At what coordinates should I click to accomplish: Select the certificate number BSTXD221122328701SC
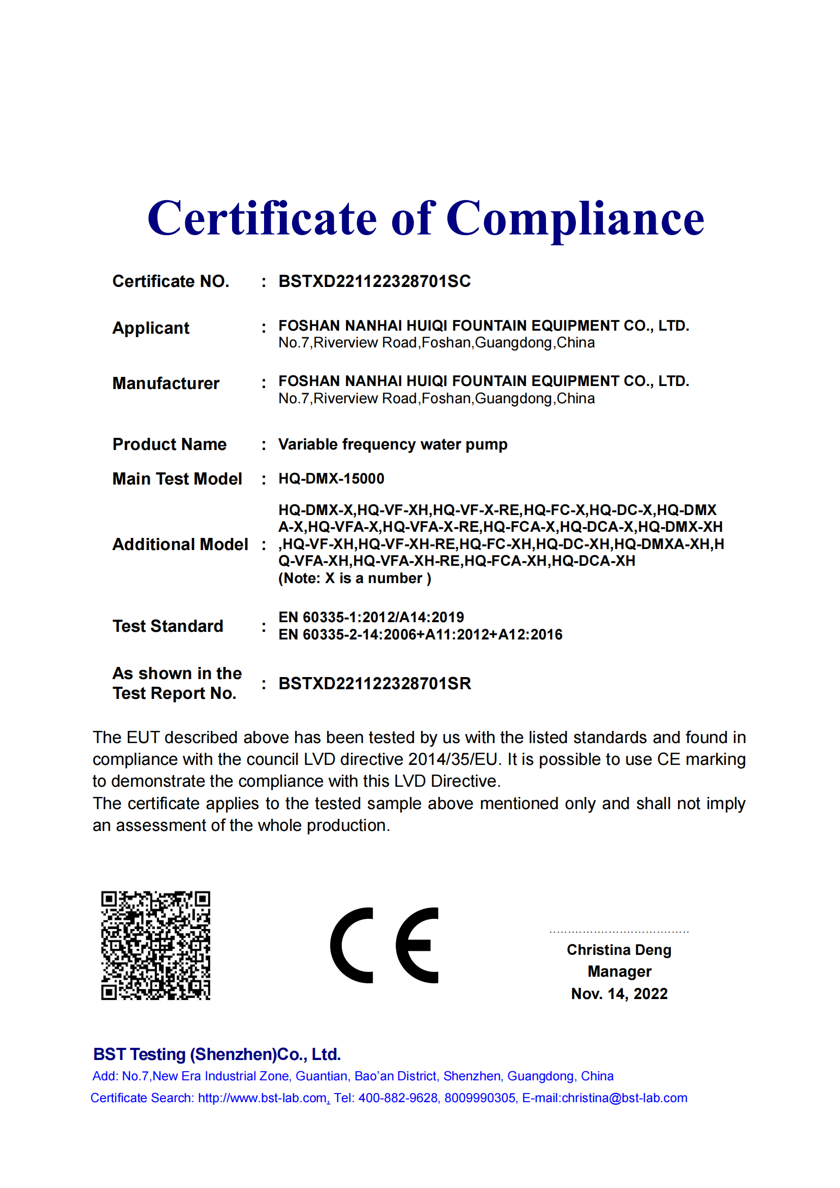coord(374,281)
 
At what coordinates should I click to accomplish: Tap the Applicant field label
coord(151,328)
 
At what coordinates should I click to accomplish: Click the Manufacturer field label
coord(166,383)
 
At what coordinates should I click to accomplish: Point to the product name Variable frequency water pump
coord(393,444)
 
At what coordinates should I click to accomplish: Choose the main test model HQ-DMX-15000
coord(331,478)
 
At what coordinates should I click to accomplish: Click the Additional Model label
coord(180,544)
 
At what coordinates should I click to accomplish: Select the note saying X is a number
coord(355,579)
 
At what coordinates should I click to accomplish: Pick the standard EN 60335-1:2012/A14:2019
coord(371,617)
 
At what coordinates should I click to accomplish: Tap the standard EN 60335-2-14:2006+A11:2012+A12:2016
coord(420,635)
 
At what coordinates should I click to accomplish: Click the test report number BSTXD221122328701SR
coord(374,684)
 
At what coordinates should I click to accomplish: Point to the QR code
coord(156,945)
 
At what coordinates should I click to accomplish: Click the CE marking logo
coord(384,945)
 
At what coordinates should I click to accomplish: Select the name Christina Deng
coord(619,950)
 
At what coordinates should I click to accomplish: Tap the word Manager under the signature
coord(619,972)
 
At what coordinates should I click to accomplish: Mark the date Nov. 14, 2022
coord(619,994)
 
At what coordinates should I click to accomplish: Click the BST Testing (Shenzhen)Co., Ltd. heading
coord(217,1054)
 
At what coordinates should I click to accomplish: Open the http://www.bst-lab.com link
coord(262,1098)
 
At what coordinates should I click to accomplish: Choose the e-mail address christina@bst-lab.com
coord(624,1098)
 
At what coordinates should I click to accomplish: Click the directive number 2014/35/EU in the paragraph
coord(453,759)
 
